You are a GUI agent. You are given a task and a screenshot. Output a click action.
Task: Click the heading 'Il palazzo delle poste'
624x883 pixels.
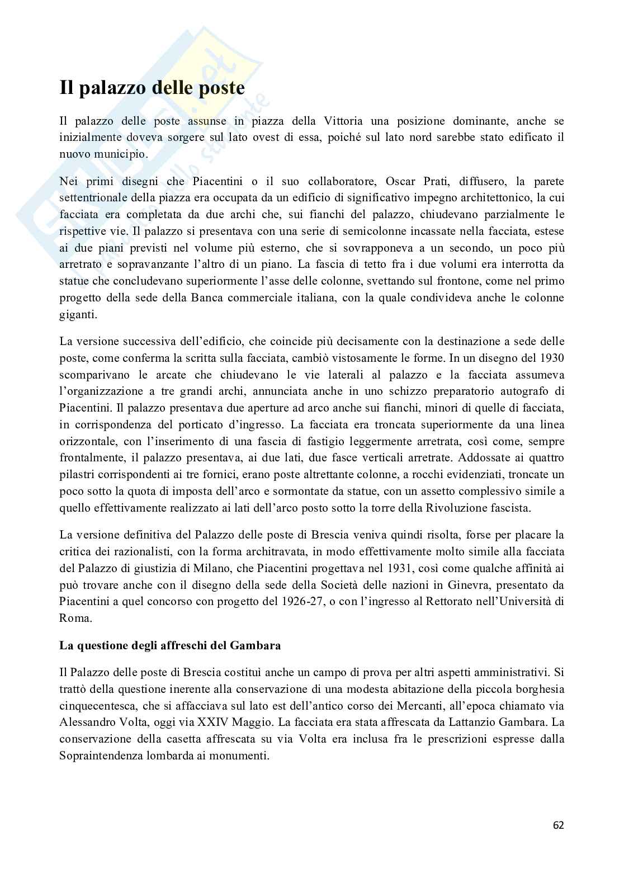click(152, 88)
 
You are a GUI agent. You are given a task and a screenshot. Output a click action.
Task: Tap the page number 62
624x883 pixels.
click(558, 825)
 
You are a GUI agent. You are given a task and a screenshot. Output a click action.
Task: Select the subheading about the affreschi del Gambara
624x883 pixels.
click(170, 645)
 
